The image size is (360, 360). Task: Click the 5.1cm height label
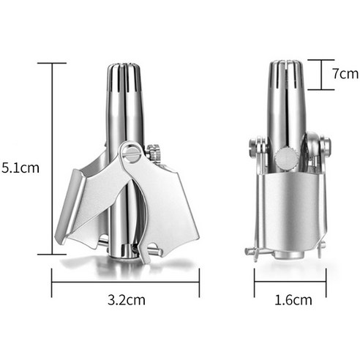click(x=20, y=168)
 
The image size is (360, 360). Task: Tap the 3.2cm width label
click(x=127, y=300)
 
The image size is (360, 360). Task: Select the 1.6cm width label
click(x=293, y=300)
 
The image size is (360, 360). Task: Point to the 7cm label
click(x=345, y=73)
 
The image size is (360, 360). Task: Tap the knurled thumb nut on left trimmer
click(x=154, y=151)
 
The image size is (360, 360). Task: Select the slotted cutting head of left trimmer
click(x=124, y=78)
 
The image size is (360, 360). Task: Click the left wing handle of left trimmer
click(x=83, y=203)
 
